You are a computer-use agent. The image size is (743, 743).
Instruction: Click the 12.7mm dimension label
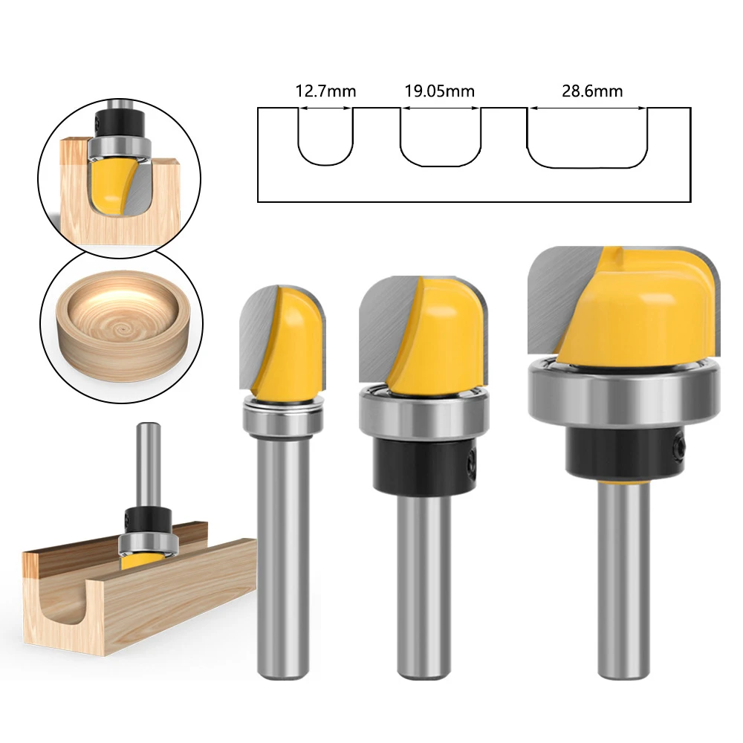click(325, 92)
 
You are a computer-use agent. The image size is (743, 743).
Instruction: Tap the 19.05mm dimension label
click(440, 92)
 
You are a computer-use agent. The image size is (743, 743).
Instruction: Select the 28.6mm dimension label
click(587, 92)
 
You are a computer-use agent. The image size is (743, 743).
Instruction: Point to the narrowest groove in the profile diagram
click(325, 137)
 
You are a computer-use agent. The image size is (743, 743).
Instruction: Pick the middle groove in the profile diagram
click(441, 139)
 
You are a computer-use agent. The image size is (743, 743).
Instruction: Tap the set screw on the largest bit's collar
click(678, 448)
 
